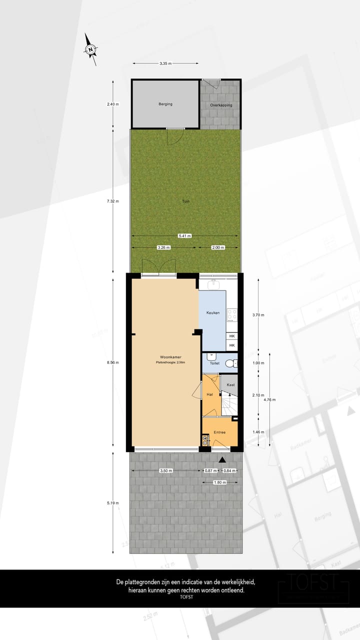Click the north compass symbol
90,49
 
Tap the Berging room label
165,104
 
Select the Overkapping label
220,105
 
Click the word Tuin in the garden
186,201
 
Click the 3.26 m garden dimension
163,247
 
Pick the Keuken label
213,312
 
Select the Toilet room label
214,363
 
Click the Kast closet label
230,384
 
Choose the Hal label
210,394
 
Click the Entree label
219,432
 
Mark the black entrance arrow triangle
222,459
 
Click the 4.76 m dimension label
270,399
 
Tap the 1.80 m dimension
219,482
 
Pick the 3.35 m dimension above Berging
165,63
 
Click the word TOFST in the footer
186,597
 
